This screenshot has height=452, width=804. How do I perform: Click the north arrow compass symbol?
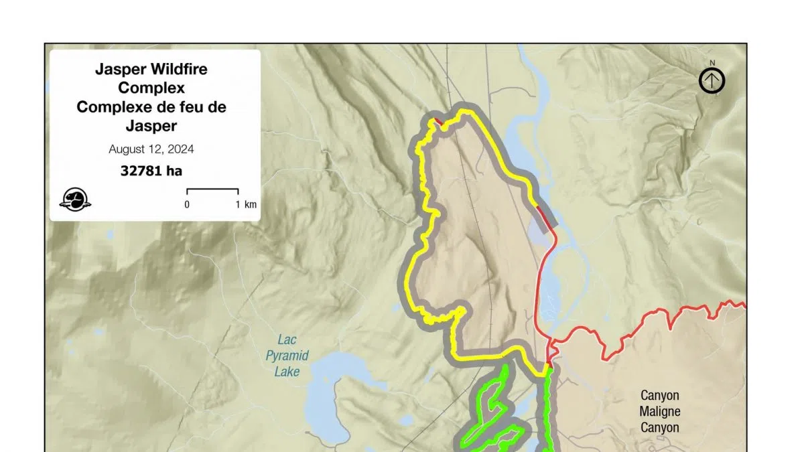coord(712,81)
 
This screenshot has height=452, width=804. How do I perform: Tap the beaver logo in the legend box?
coord(76,199)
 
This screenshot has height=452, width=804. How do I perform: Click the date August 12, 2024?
coord(151,149)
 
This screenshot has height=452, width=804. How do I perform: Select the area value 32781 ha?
coord(151,171)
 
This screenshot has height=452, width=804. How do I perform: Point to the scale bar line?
coord(212,190)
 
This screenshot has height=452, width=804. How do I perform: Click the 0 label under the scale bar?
coord(187,204)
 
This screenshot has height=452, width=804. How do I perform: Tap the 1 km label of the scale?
coord(246,204)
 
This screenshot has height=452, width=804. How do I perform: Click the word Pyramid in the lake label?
coord(287,356)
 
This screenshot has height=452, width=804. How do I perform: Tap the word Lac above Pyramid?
coord(287,340)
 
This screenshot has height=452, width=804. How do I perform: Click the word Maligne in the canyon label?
coord(659,411)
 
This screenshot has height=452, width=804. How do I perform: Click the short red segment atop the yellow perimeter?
coord(437,121)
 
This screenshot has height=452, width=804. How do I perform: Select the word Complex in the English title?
coord(151,88)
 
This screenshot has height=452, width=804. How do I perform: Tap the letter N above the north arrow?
coord(712,63)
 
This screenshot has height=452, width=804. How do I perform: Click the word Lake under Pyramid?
coord(287,372)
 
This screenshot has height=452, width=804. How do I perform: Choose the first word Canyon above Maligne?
coord(659,395)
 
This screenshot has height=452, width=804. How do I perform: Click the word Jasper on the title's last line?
coord(151,126)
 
